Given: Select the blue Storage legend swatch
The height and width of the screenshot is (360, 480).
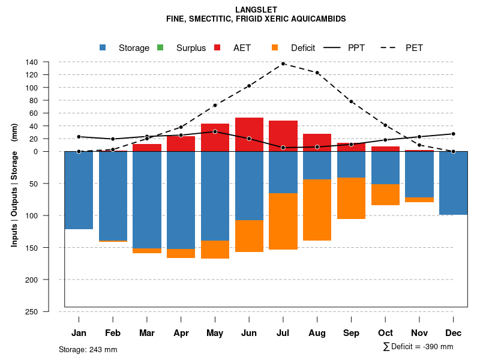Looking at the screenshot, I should [103, 47].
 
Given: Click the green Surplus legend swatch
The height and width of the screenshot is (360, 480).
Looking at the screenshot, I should [160, 47].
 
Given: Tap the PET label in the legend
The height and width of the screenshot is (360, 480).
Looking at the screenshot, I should [414, 48].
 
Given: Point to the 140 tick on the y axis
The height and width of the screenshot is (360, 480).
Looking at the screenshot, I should [32, 62].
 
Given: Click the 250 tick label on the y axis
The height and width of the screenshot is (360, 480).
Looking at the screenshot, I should [32, 311].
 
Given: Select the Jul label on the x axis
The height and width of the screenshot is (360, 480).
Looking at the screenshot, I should [283, 333].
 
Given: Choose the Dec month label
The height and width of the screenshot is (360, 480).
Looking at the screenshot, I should [454, 333].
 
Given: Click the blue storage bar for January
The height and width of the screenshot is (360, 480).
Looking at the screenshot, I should [79, 190].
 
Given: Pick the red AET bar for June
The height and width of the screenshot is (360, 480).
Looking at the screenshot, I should [249, 134].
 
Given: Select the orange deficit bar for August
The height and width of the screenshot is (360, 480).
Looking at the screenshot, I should [317, 210].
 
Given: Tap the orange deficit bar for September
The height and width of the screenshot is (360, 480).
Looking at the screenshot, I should [352, 198].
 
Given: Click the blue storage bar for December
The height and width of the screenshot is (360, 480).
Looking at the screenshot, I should [454, 183].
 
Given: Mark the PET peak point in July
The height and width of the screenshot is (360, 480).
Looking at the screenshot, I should [283, 64].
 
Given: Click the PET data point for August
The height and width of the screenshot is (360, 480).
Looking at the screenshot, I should [317, 73].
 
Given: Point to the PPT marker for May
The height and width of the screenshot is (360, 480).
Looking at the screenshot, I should [215, 131].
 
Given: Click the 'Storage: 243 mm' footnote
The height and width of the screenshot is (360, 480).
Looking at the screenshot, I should [88, 349].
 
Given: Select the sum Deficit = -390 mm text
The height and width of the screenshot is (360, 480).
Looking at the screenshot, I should [418, 347].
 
